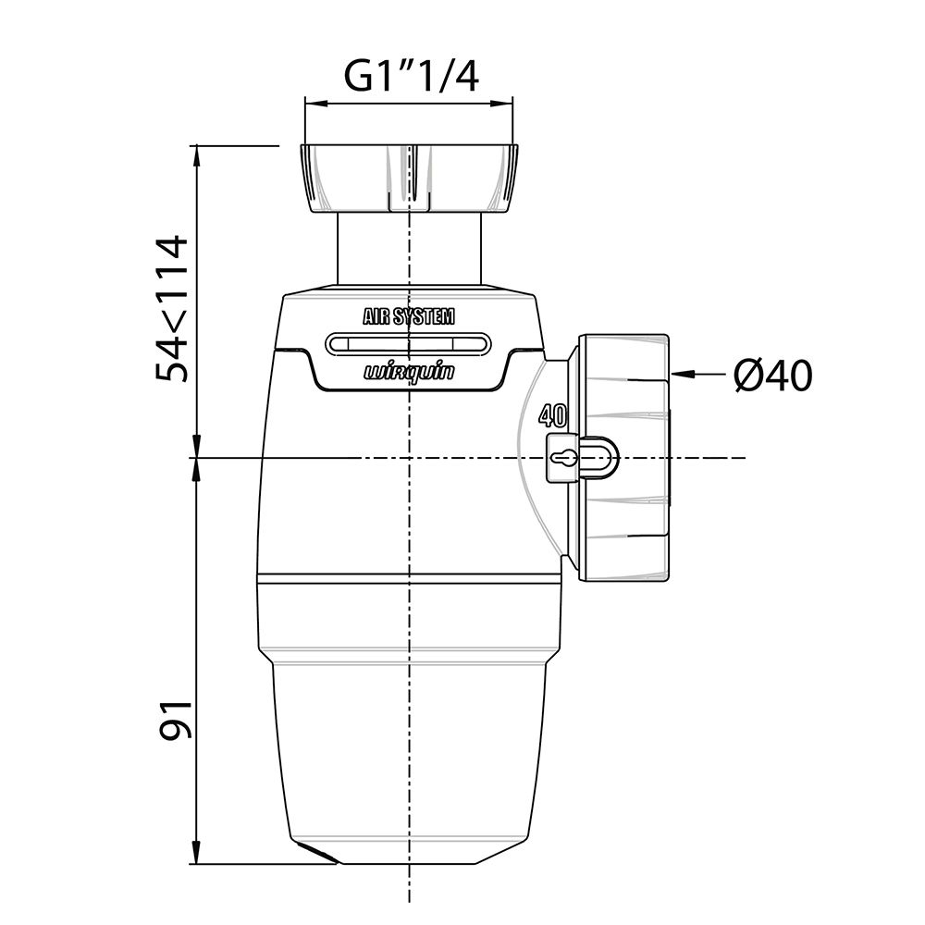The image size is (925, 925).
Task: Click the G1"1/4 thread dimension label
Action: tap(412, 77)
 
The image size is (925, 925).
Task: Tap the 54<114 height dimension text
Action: tap(171, 309)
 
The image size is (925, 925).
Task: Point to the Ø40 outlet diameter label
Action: tap(772, 376)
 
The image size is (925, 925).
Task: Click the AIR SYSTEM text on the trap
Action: tap(409, 317)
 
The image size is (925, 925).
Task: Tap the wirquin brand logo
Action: tap(409, 372)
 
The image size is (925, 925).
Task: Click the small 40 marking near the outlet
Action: tap(553, 416)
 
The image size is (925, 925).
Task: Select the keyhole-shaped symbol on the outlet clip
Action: tap(562, 457)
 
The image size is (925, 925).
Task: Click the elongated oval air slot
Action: tap(409, 344)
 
